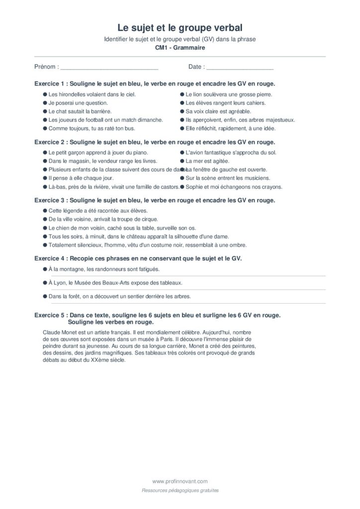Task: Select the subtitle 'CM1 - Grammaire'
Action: (x=180, y=48)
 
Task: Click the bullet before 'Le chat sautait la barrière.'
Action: (x=45, y=111)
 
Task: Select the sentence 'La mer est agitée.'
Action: (x=207, y=161)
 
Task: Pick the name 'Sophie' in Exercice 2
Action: (x=194, y=187)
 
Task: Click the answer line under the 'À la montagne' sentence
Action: (x=184, y=276)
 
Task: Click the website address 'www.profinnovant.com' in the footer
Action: (x=180, y=481)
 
